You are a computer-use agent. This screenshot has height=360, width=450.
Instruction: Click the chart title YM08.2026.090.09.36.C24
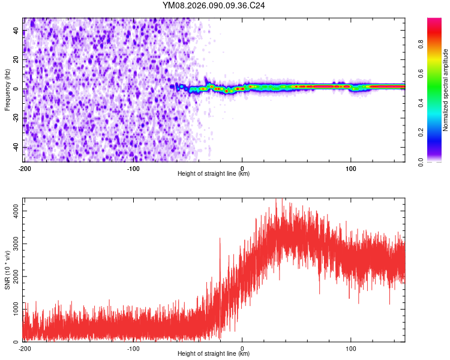tap(214, 5)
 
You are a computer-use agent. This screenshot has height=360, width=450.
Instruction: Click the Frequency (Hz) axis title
tap(8, 89)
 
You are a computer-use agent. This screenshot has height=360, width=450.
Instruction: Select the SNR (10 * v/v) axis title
tap(8, 270)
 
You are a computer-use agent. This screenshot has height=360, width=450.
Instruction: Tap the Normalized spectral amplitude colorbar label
tap(446, 89)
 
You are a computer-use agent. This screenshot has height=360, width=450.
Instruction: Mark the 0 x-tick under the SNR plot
tap(242, 348)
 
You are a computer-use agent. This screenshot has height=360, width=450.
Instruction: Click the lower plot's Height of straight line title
tap(214, 354)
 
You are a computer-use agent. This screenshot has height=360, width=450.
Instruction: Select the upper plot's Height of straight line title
tap(214, 174)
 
